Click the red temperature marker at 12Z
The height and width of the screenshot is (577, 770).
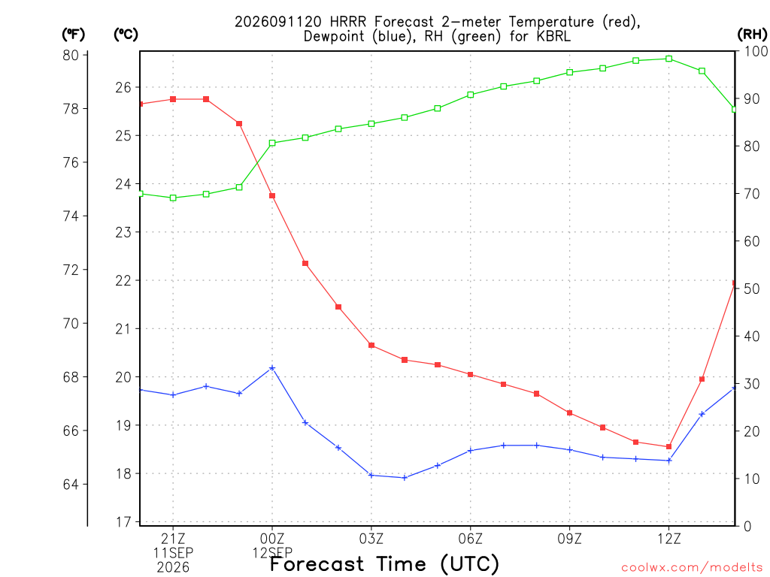pyautogui.click(x=668, y=446)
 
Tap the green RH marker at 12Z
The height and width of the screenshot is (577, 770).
pyautogui.click(x=668, y=59)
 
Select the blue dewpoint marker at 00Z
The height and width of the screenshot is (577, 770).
pyautogui.click(x=272, y=368)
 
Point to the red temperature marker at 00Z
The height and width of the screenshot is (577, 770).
pyautogui.click(x=272, y=196)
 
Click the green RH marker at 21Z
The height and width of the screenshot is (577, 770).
pyautogui.click(x=173, y=198)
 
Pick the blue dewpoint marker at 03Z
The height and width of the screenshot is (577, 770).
pyautogui.click(x=371, y=475)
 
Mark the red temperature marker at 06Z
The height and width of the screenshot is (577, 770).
pyautogui.click(x=471, y=374)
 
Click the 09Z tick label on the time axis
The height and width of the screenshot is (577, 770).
pyautogui.click(x=570, y=539)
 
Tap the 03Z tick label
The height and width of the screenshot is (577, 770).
pyautogui.click(x=371, y=539)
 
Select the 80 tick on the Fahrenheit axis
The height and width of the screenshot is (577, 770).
pyautogui.click(x=71, y=55)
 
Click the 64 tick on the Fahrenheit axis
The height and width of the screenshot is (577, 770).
pyautogui.click(x=71, y=485)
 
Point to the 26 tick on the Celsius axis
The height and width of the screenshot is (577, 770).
pyautogui.click(x=124, y=87)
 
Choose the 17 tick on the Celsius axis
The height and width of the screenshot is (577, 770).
pyautogui.click(x=124, y=522)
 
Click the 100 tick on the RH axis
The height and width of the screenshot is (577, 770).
pyautogui.click(x=756, y=51)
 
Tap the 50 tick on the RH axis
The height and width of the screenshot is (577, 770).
pyautogui.click(x=752, y=289)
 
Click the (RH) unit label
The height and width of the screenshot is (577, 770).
pyautogui.click(x=752, y=35)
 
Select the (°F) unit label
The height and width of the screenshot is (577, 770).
pyautogui.click(x=73, y=35)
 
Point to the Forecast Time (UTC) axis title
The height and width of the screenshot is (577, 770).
pyautogui.click(x=384, y=564)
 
